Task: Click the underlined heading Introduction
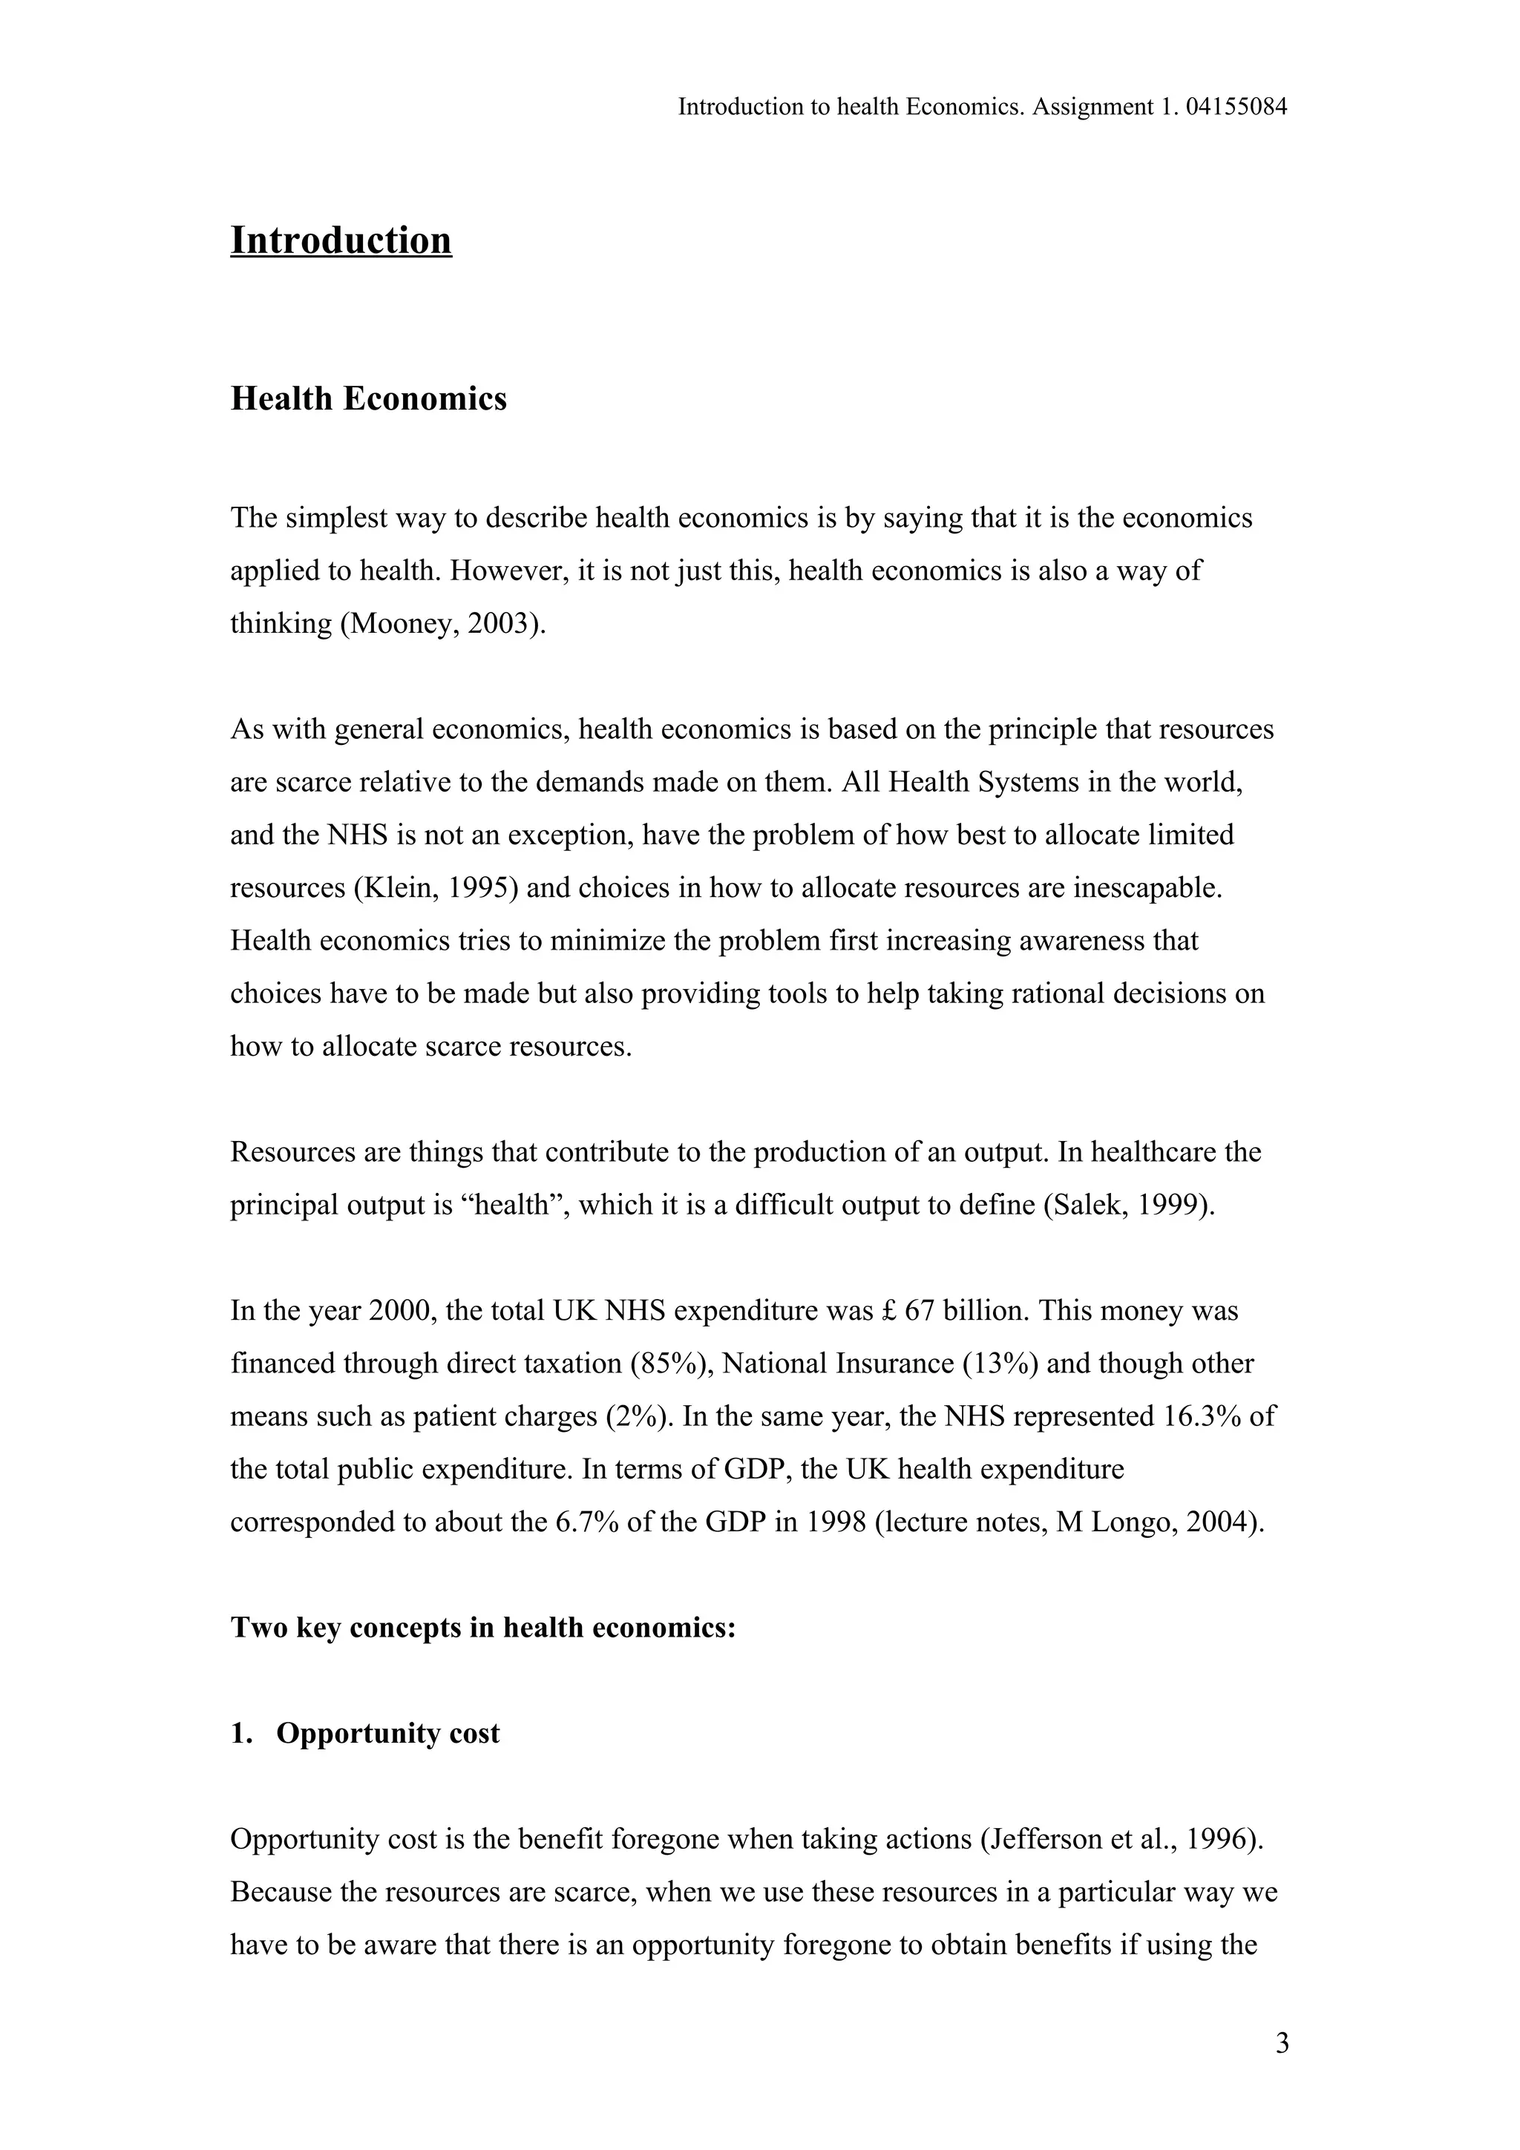(x=341, y=240)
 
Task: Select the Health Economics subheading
(x=368, y=399)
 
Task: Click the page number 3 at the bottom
(x=1282, y=2043)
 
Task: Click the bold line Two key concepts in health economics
(x=483, y=1628)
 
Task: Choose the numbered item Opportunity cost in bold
(x=387, y=1733)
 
